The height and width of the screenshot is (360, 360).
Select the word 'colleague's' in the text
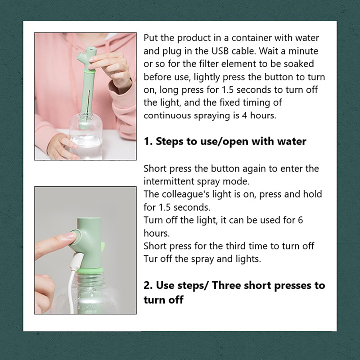[x=185, y=194]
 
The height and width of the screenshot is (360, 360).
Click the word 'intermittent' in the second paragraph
[x=169, y=181]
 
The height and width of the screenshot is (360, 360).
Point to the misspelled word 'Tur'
[x=151, y=259]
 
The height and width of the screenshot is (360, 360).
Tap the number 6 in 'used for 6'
[x=300, y=220]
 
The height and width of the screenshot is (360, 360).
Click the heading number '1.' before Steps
[x=147, y=141]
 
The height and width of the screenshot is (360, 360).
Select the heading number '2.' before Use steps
[x=148, y=285]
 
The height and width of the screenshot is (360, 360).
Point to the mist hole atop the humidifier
[x=91, y=49]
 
